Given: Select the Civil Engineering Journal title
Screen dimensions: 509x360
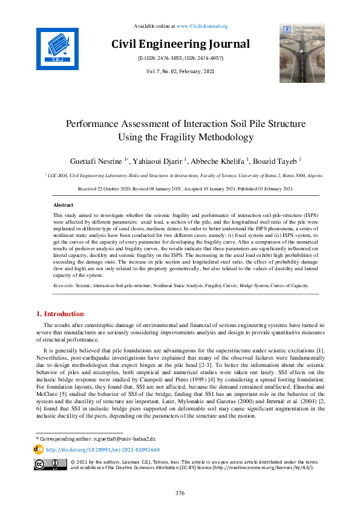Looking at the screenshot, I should [x=180, y=44].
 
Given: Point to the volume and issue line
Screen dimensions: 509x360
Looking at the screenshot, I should [x=180, y=72].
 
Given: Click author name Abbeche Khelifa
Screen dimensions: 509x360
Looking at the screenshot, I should [x=217, y=161].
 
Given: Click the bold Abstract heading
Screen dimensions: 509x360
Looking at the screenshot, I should [x=64, y=206].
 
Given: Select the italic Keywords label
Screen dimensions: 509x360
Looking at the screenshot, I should [x=64, y=285].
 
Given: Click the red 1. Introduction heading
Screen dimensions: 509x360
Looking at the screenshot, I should [x=60, y=314].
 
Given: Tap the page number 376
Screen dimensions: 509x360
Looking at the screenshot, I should [x=180, y=493].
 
